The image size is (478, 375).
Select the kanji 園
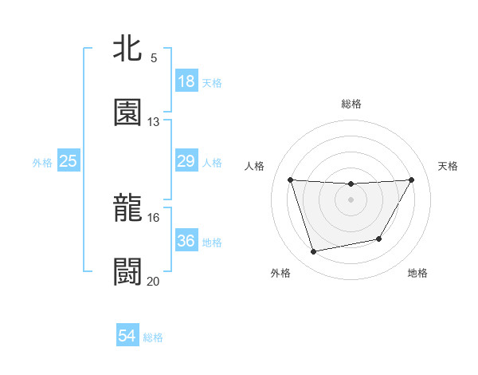click(127, 112)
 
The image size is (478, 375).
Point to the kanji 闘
click(127, 271)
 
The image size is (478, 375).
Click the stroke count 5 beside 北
click(153, 58)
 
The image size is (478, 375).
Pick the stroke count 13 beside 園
click(153, 121)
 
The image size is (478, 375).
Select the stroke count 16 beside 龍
click(153, 217)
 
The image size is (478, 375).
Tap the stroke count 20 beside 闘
click(153, 280)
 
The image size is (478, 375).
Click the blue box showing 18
click(186, 81)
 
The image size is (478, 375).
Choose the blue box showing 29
click(186, 161)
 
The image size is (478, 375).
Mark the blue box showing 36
click(186, 240)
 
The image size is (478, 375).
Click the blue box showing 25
click(68, 161)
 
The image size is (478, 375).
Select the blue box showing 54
click(127, 336)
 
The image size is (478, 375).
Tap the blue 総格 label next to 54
click(153, 337)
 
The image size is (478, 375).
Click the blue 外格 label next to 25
click(42, 163)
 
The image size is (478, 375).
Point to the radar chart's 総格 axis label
click(351, 104)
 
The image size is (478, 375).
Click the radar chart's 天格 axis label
click(448, 166)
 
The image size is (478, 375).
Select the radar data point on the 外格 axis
click(313, 252)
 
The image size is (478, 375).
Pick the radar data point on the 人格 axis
click(291, 180)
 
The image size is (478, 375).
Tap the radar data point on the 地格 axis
click(379, 239)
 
